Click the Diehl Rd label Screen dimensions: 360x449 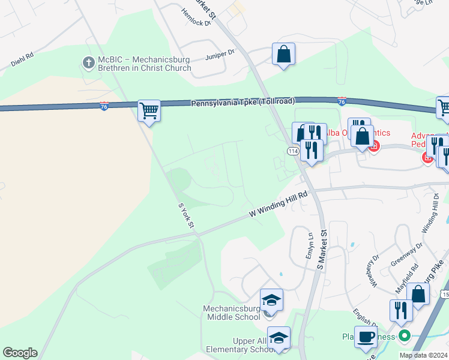pyautogui.click(x=22, y=59)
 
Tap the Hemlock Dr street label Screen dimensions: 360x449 pyautogui.click(x=196, y=17)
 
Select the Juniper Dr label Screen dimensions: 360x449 pyautogui.click(x=220, y=53)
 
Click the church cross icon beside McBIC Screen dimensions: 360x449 pyautogui.click(x=88, y=62)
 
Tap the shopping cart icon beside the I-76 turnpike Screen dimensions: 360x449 pyautogui.click(x=149, y=110)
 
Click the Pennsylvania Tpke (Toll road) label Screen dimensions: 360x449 pyautogui.click(x=243, y=103)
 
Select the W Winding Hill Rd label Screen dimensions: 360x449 pyautogui.click(x=279, y=204)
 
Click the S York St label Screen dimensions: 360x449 pyautogui.click(x=186, y=215)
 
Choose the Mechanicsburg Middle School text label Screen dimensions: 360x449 pyautogui.click(x=231, y=313)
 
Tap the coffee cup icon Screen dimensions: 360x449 pyautogui.click(x=366, y=337)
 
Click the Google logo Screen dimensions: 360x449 pyautogui.click(x=20, y=352)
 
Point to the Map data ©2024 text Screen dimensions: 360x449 pyautogui.click(x=423, y=355)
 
